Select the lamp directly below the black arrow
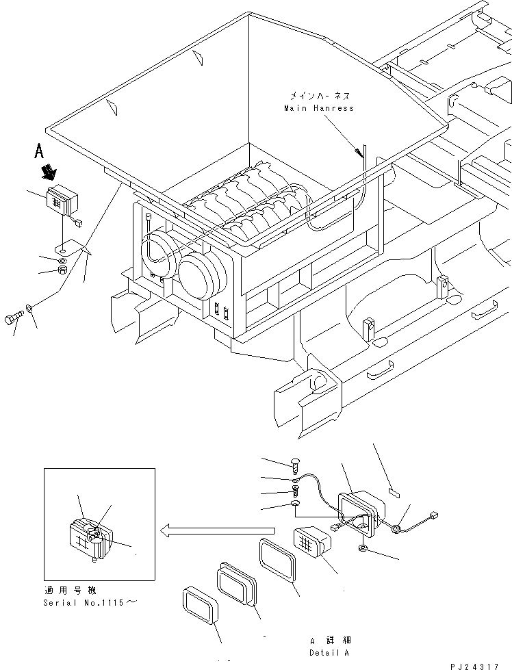tap(62, 201)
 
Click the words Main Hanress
tap(319, 108)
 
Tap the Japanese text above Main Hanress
tap(319, 96)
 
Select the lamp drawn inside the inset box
tap(88, 538)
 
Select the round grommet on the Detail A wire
tap(396, 528)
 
